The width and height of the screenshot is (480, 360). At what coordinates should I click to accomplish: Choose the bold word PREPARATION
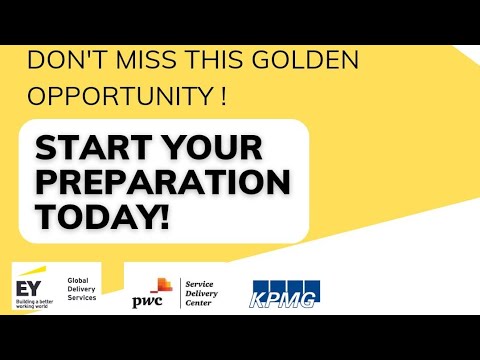pos(163,183)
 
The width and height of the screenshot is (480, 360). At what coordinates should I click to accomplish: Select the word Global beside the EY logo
pos(77,281)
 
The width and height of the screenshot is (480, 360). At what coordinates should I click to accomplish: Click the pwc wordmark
pos(147,300)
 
